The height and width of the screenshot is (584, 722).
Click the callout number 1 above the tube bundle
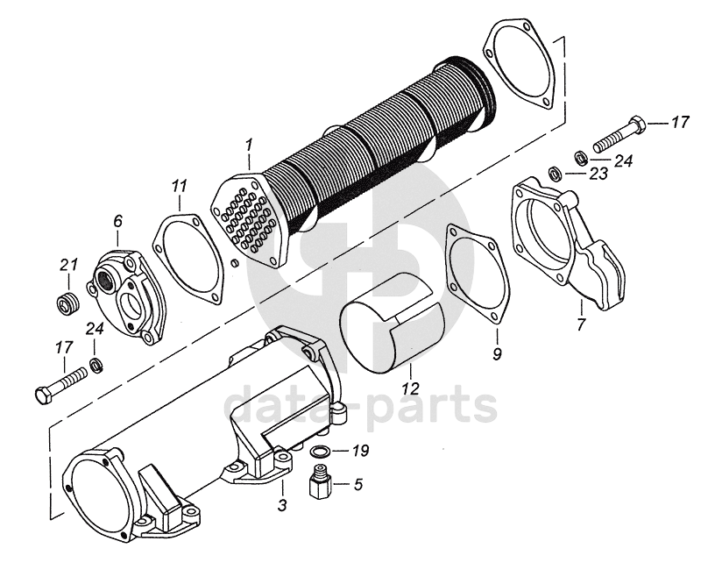pyautogui.click(x=249, y=146)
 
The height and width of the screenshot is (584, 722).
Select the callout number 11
pyautogui.click(x=179, y=187)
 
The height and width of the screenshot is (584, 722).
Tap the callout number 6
pyautogui.click(x=117, y=221)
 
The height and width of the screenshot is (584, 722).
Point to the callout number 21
pyautogui.click(x=69, y=266)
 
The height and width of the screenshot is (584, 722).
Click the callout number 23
pyautogui.click(x=599, y=174)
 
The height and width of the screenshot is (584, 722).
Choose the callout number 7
pyautogui.click(x=581, y=324)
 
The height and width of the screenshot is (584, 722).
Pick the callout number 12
pyautogui.click(x=409, y=388)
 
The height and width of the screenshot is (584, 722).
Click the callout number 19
pyautogui.click(x=360, y=451)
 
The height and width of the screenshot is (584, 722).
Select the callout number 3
pyautogui.click(x=282, y=504)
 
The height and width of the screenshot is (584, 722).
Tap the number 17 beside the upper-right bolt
pyautogui.click(x=680, y=122)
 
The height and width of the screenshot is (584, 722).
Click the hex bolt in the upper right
pyautogui.click(x=619, y=134)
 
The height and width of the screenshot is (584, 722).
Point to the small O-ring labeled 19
pyautogui.click(x=318, y=451)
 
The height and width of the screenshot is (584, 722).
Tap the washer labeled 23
pyautogui.click(x=555, y=174)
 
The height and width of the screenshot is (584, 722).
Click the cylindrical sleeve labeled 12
pyautogui.click(x=392, y=320)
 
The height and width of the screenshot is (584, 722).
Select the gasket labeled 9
pyautogui.click(x=478, y=275)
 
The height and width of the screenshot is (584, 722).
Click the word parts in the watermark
pyautogui.click(x=430, y=405)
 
